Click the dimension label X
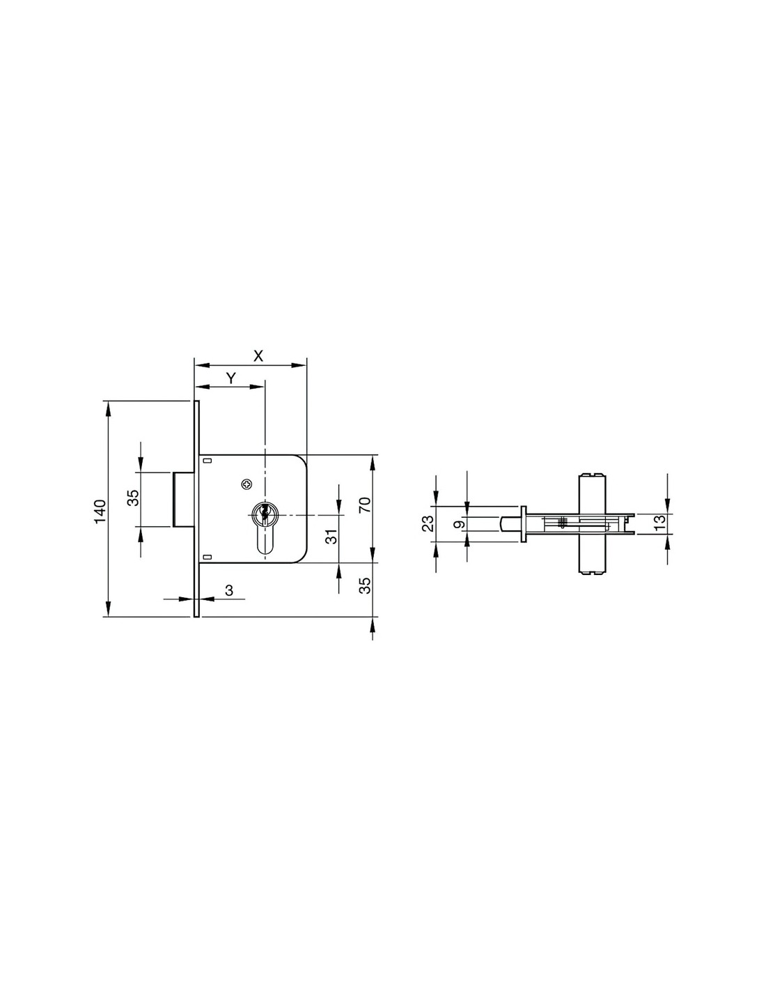coord(258,356)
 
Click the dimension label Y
coord(231,378)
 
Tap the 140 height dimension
coord(100,512)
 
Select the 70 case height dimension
coord(366,505)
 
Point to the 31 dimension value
coord(333,537)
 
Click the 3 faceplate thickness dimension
coord(229,590)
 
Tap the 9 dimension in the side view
coord(460,524)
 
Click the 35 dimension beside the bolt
coord(133,498)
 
